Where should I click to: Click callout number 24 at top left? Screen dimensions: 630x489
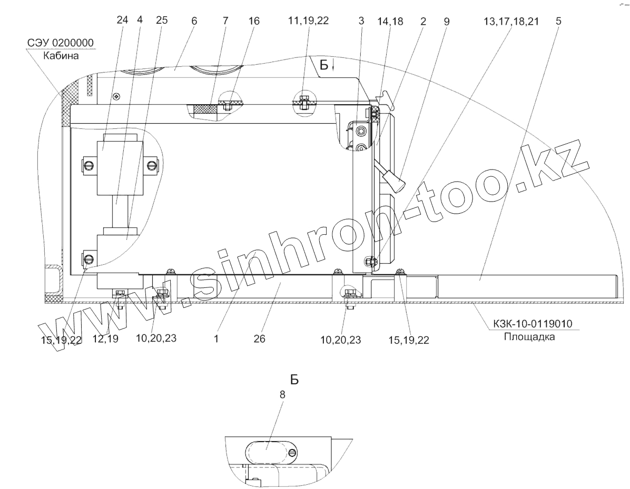coord(122,20)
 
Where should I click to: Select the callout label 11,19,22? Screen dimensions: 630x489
coord(309,21)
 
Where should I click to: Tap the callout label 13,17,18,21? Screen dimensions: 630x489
coord(511,21)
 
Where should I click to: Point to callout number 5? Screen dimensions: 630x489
coord(558,21)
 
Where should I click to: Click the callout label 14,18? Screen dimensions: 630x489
coord(390,21)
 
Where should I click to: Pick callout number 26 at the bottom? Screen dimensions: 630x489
coord(260,339)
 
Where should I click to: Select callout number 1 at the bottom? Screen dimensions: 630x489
coord(216,338)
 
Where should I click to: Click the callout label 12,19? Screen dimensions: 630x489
coord(105,339)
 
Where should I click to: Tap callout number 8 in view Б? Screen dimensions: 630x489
coord(282,395)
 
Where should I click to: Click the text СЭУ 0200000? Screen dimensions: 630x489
coord(60,43)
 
